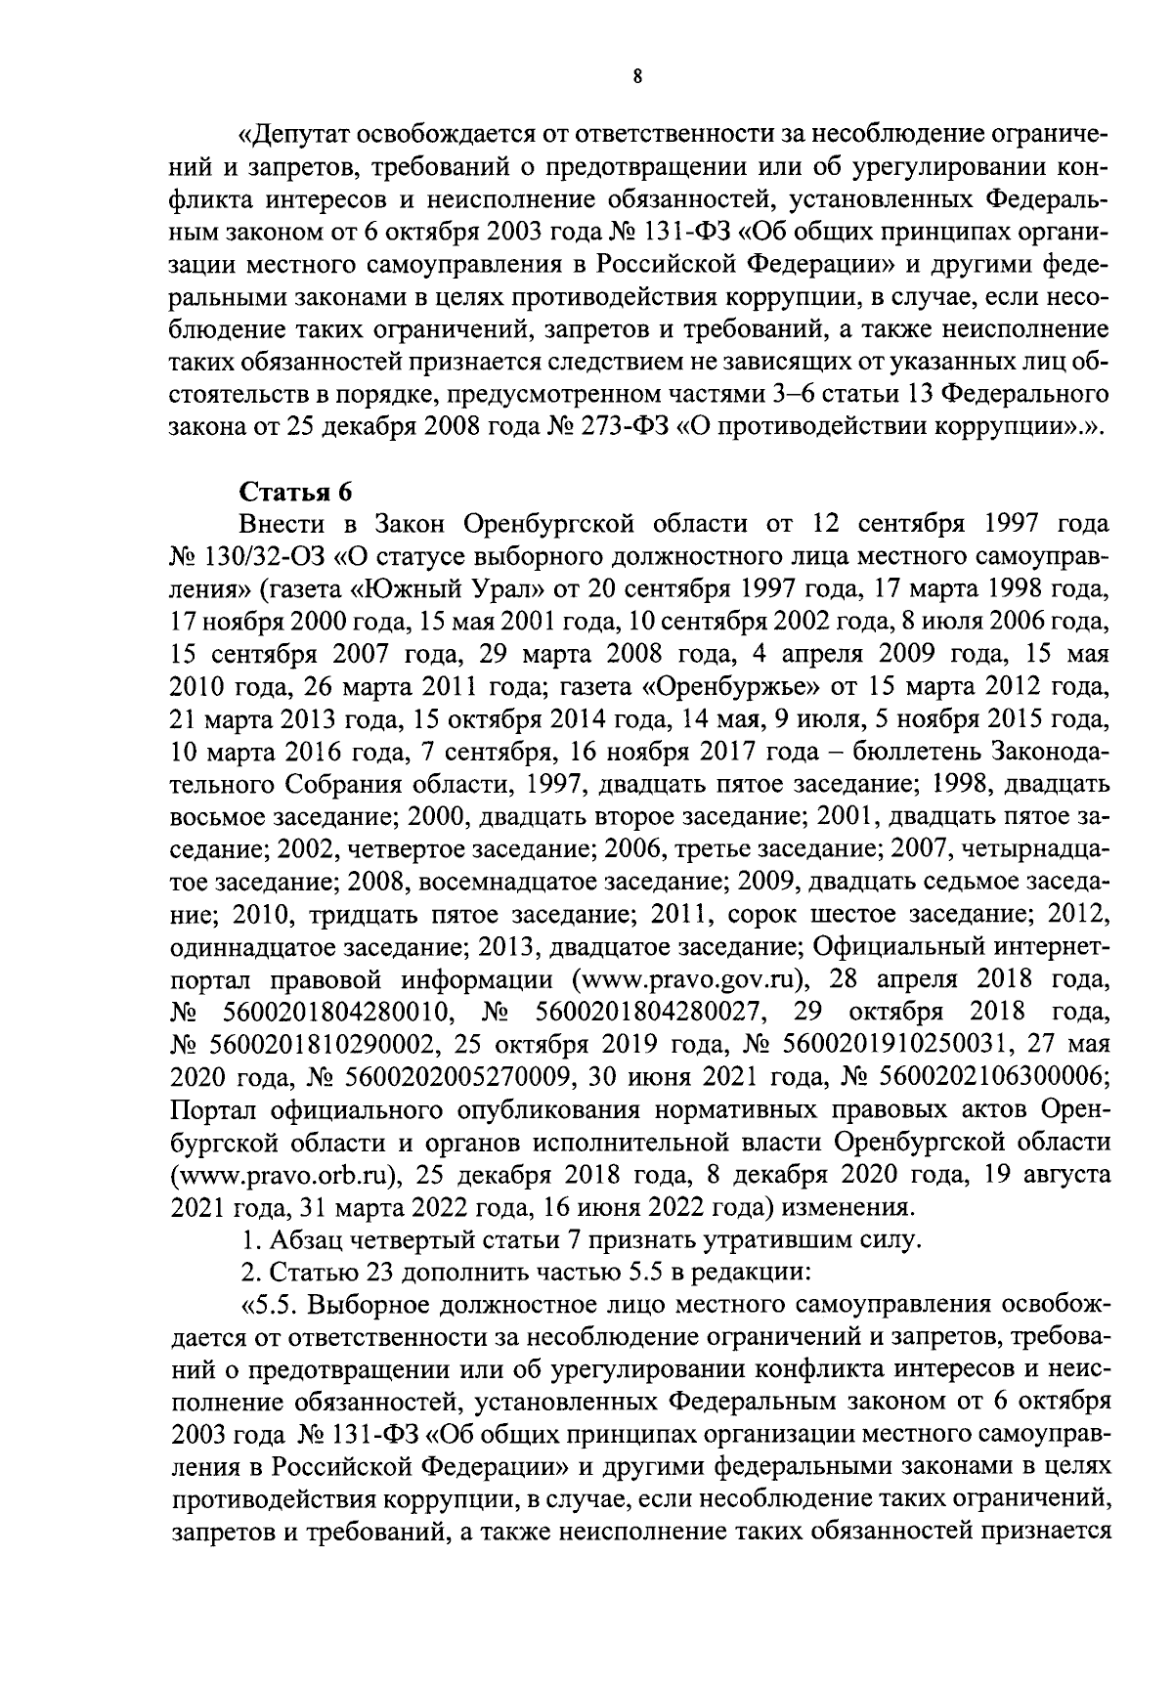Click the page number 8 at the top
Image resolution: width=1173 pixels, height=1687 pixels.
[636, 78]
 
